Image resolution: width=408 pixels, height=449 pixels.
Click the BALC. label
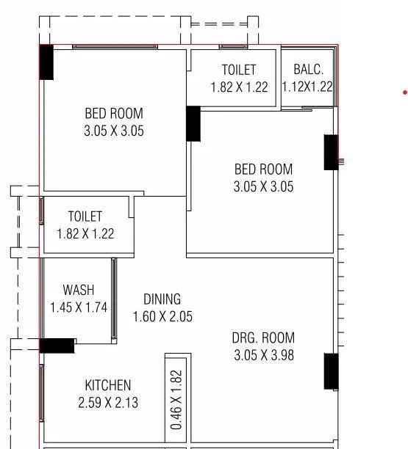click(307, 70)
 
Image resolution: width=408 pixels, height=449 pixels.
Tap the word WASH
click(78, 291)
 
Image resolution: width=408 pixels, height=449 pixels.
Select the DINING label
click(162, 299)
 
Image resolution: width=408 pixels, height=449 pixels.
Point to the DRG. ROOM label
click(263, 338)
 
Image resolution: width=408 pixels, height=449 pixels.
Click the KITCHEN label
click(108, 385)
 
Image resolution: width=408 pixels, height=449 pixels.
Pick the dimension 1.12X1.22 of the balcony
click(307, 87)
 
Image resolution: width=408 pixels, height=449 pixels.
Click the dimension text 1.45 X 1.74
click(78, 308)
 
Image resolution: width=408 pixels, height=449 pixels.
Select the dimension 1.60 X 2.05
click(162, 317)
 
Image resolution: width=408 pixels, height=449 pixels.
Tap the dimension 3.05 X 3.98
click(263, 356)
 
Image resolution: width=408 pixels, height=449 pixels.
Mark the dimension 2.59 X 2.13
click(108, 403)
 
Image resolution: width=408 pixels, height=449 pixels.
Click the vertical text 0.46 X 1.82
click(176, 399)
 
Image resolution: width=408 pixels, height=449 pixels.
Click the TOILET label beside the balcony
click(239, 70)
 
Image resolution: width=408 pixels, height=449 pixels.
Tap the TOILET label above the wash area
click(85, 217)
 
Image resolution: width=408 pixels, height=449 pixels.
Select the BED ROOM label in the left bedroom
click(114, 114)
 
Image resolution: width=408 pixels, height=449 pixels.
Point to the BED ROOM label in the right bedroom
click(263, 169)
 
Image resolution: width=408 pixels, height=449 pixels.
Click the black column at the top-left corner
click(46, 62)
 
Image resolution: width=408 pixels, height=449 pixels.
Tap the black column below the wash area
click(57, 346)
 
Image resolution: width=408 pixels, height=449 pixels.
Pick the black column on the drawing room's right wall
click(331, 371)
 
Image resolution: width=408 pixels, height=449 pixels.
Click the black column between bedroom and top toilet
click(193, 123)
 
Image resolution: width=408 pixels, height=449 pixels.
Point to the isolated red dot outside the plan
click(404, 92)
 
